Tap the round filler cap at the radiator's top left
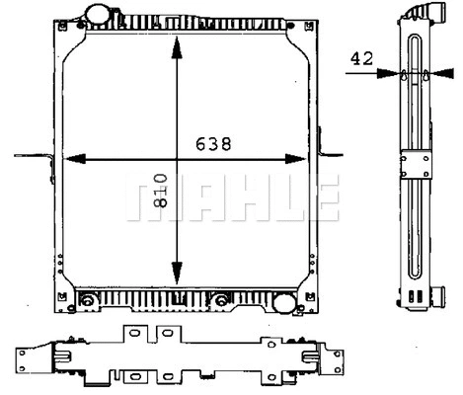coord(99,15)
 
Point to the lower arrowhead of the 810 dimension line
coord(176,277)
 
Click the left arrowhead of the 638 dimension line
coord(76,158)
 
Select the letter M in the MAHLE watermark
coord(144,198)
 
